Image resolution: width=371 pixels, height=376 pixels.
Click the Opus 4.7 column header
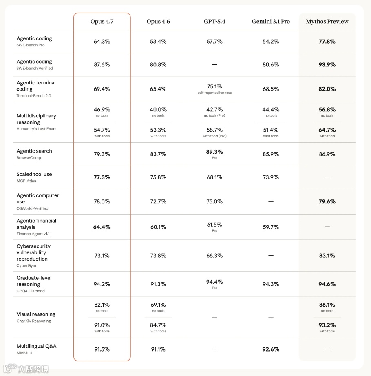(x=102, y=22)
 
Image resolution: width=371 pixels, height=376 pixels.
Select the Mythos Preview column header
(x=327, y=22)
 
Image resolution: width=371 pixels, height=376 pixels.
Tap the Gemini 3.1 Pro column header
(x=271, y=22)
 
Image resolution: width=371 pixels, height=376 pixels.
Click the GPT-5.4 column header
(x=214, y=22)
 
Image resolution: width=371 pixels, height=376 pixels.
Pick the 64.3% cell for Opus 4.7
(x=102, y=42)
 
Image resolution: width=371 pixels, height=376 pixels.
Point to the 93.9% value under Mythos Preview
(x=327, y=65)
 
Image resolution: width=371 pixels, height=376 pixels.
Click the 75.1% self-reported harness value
(x=214, y=87)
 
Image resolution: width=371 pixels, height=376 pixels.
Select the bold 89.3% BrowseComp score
(x=214, y=152)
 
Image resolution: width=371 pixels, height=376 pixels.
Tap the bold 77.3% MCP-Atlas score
(x=102, y=177)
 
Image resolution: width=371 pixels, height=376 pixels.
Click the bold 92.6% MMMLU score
(x=271, y=349)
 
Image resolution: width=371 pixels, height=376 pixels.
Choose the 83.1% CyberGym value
(x=327, y=256)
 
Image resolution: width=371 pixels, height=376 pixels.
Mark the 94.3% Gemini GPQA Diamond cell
(x=271, y=284)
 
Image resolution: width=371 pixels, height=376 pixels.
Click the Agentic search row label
(x=34, y=151)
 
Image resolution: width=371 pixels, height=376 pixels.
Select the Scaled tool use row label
(x=34, y=174)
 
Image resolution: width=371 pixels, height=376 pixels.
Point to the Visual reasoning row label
(x=36, y=314)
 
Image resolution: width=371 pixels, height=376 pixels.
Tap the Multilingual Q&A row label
(x=36, y=346)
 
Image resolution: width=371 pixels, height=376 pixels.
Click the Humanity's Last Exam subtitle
(x=36, y=129)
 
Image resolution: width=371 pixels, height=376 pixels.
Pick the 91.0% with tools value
(x=102, y=325)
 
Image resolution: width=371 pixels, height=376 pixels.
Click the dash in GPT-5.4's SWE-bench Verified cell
(x=214, y=65)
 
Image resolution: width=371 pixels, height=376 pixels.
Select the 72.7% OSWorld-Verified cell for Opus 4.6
(x=158, y=202)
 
